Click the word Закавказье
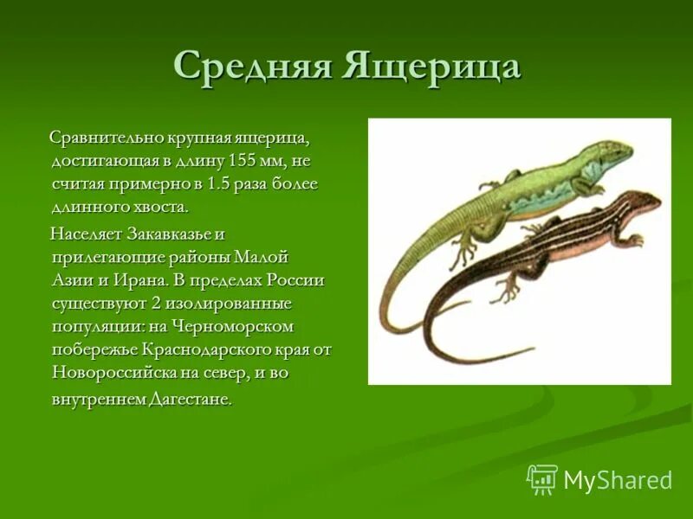(x=176, y=234)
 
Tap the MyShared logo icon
(x=542, y=479)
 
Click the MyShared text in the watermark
(x=618, y=481)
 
